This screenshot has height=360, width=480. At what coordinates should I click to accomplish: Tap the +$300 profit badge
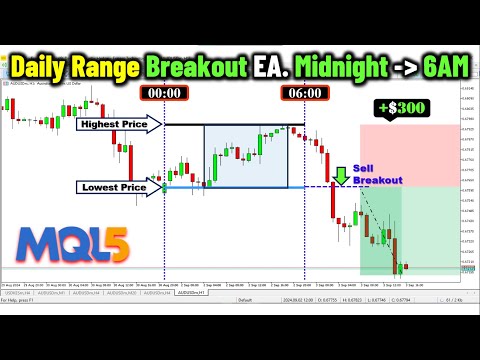coord(397,107)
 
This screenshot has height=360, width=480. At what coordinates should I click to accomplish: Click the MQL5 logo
coord(66,244)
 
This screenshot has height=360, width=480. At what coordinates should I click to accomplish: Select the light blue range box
coord(246,156)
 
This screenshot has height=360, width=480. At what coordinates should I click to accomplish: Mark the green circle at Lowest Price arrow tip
coord(165,186)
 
